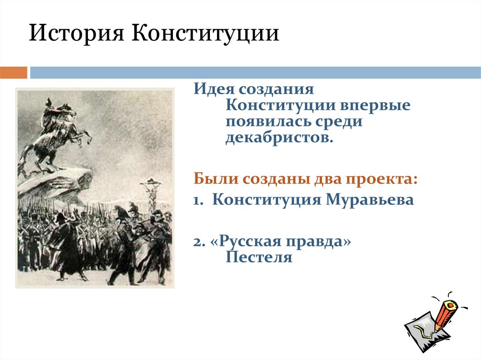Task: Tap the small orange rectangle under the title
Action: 14,73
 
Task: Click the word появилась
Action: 264,121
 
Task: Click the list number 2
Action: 199,242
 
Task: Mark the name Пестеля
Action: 259,257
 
